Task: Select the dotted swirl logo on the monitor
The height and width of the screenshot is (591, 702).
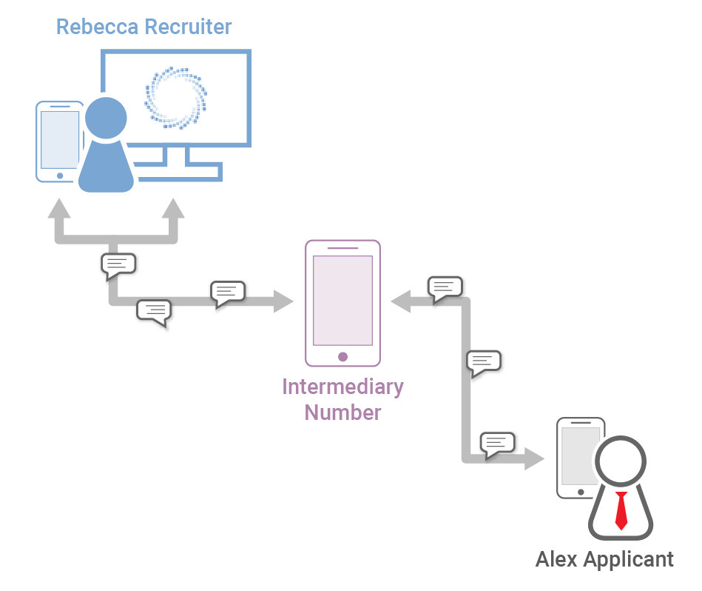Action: click(x=176, y=97)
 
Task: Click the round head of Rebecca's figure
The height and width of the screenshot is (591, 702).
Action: click(x=106, y=118)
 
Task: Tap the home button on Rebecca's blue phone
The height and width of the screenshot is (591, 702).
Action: click(x=60, y=176)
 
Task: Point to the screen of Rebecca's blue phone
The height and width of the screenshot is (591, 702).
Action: click(x=59, y=140)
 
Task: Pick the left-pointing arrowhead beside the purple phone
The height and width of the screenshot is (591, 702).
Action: click(x=401, y=301)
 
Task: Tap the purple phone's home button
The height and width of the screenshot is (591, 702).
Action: click(x=342, y=356)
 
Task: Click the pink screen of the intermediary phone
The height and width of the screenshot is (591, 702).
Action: click(x=342, y=299)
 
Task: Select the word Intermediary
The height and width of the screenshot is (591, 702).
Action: click(x=342, y=387)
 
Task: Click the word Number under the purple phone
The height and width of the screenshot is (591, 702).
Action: click(x=342, y=413)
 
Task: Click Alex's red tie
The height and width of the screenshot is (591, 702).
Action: click(x=621, y=510)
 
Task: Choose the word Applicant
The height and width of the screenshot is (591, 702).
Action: click(x=633, y=559)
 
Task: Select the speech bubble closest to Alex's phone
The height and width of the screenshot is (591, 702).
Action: click(x=497, y=443)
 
